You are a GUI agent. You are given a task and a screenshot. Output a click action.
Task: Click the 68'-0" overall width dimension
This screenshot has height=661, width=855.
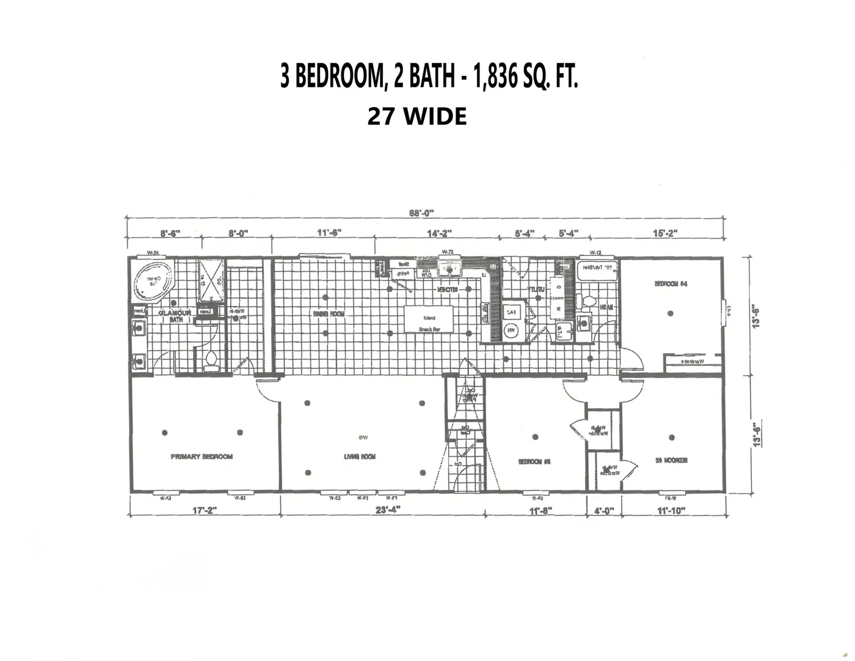[x=421, y=213]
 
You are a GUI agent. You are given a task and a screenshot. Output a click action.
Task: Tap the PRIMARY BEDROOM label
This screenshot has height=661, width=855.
[x=202, y=456]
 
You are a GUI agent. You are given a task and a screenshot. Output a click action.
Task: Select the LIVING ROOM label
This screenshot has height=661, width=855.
[x=360, y=456]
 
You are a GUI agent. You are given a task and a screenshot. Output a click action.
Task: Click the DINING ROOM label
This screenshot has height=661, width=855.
[x=329, y=314]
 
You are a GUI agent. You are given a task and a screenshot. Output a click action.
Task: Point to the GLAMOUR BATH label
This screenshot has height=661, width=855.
[x=175, y=316]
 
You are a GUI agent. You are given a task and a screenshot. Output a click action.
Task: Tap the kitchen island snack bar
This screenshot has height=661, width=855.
[x=429, y=318]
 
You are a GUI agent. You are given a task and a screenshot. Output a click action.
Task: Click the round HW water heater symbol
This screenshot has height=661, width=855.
[x=511, y=331]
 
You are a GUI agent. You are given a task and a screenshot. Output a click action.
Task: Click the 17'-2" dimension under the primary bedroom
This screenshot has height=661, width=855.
[x=205, y=510]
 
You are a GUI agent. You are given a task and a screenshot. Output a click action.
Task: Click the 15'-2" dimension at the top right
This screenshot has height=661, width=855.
[x=665, y=233]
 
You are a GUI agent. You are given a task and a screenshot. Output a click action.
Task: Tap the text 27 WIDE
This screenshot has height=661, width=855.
[x=417, y=116]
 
